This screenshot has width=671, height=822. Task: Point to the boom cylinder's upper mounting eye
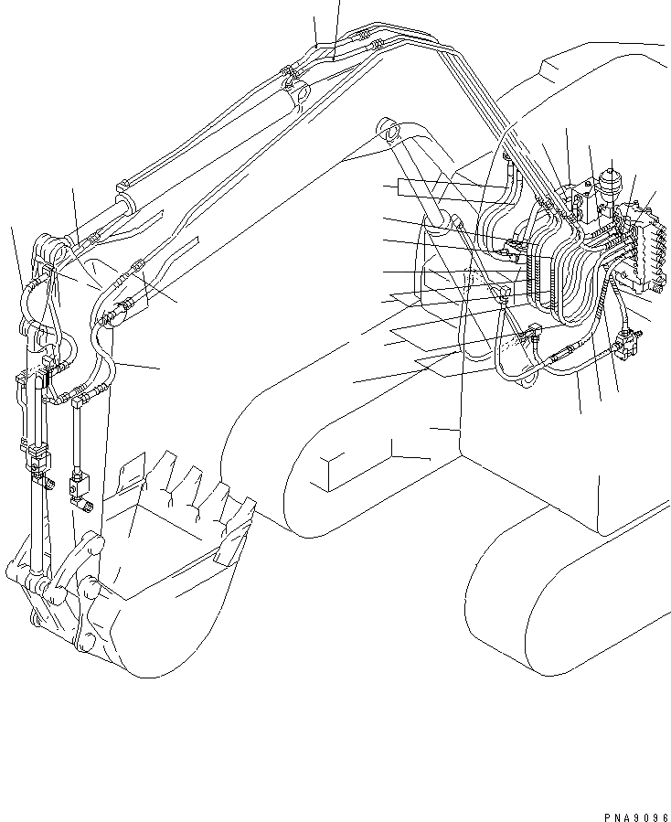pos(391,133)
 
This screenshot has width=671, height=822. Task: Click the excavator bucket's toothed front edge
pos(201,494)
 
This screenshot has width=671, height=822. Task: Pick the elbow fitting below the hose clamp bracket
pos(505,293)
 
